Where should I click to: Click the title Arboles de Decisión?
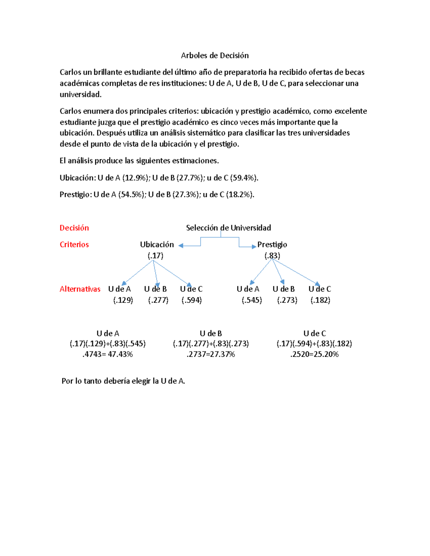(215, 55)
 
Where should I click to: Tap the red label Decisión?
(74, 228)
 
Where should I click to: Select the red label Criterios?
(74, 245)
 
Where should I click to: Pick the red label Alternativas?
(80, 289)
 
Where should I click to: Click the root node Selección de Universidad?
(228, 228)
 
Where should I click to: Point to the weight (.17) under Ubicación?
(156, 256)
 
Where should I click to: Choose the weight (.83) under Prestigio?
(272, 256)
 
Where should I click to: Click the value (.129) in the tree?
(123, 300)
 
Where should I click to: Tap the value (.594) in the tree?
(192, 300)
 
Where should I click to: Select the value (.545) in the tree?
(252, 300)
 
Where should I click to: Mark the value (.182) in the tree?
(320, 300)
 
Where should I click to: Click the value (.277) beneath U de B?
(158, 300)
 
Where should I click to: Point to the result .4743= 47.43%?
(107, 354)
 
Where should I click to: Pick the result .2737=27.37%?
(211, 354)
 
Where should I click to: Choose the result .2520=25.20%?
(314, 354)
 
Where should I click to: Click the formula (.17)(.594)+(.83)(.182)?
(314, 344)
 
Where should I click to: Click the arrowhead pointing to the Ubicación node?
(181, 246)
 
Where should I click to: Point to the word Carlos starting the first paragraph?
(71, 72)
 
